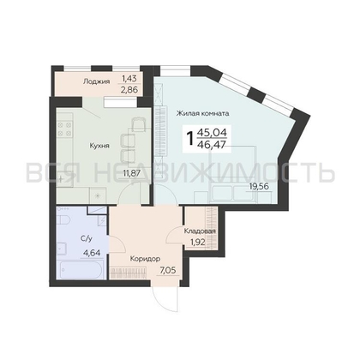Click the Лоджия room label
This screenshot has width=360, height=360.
(96, 81)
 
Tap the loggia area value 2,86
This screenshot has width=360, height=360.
(130, 90)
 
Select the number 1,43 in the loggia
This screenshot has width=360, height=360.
(129, 78)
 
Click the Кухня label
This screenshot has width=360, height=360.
(99, 146)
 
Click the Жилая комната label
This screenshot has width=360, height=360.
(202, 113)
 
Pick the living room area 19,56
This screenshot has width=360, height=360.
(260, 187)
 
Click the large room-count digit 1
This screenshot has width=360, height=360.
(189, 138)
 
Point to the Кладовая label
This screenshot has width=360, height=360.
(200, 231)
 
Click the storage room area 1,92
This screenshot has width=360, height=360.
(198, 243)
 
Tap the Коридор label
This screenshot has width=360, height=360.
(145, 259)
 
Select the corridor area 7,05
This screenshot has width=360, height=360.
(167, 271)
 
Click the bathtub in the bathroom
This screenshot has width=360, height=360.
(80, 269)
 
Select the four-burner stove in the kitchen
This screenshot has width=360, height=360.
(64, 129)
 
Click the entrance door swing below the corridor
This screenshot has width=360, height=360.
(165, 299)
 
